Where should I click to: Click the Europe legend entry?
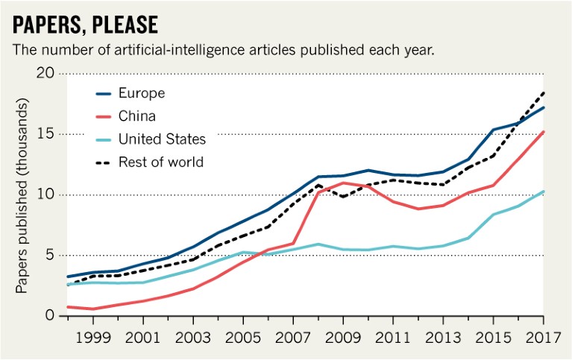click(141, 93)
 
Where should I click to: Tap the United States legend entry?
click(161, 139)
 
